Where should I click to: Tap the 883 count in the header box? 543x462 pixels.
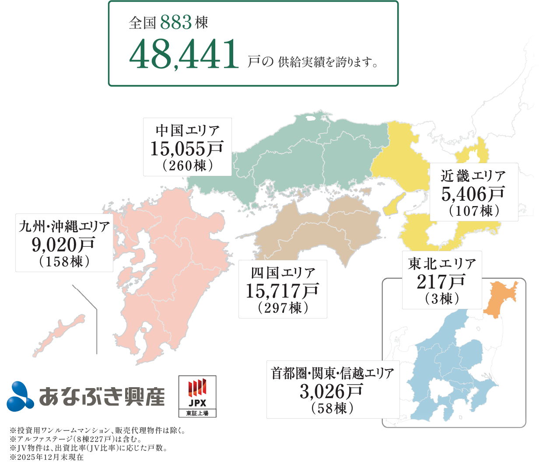(x=176, y=23)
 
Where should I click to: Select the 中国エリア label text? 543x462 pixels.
(x=188, y=130)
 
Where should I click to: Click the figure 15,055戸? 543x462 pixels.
(x=187, y=149)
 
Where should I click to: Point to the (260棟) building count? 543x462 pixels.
(x=188, y=166)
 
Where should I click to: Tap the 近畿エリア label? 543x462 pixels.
(x=473, y=176)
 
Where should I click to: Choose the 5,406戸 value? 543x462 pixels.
(x=473, y=194)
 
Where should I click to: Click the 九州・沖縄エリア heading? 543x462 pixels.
(x=64, y=226)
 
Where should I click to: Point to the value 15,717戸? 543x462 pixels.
(x=282, y=290)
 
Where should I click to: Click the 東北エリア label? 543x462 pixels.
(x=442, y=263)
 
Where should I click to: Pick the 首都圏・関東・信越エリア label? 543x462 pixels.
(x=333, y=373)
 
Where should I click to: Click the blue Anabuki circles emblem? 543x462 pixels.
(x=20, y=396)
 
